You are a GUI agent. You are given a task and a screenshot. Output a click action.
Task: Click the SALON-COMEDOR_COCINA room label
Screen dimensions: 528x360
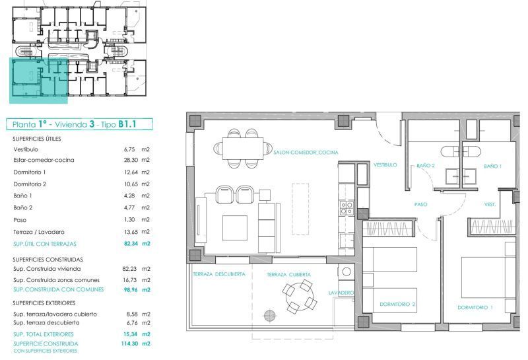pos(306,153)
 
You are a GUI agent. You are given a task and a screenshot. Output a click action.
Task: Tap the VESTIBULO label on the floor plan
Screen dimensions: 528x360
pos(385,165)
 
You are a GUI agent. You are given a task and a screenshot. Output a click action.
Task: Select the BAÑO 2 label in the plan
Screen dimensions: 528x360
pos(426,166)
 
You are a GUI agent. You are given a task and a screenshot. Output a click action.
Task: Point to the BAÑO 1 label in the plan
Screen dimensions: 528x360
pos(492,166)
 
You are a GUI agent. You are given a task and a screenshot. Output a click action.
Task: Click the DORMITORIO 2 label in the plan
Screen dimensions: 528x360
pos(397,304)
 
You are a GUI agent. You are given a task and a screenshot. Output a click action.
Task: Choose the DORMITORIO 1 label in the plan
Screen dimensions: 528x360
pos(475,307)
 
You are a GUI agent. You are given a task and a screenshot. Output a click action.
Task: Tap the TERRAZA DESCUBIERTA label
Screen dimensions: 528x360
pos(219,274)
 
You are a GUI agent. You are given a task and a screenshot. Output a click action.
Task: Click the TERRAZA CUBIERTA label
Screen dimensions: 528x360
pos(289,274)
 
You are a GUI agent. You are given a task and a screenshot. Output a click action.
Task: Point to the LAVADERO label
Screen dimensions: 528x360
pos(341,293)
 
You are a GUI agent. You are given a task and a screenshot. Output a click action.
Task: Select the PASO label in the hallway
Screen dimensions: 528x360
pos(421,204)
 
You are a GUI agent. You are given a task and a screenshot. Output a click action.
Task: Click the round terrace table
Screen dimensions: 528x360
pos(300,297)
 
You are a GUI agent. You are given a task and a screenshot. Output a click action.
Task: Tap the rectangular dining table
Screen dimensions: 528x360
pos(242,149)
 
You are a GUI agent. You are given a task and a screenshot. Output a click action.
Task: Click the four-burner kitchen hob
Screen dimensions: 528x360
pos(346,207)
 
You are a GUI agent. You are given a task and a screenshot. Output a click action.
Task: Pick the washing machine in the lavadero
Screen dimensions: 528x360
pos(347,271)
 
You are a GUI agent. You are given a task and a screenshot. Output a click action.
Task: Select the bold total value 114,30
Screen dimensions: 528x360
pos(129,343)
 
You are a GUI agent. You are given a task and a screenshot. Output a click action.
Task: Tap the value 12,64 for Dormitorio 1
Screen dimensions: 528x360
pos(131,172)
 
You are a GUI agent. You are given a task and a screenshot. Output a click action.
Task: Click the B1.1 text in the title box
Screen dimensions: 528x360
pos(127,124)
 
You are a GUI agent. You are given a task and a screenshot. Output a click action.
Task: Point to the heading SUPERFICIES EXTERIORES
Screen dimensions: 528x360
pos(44,303)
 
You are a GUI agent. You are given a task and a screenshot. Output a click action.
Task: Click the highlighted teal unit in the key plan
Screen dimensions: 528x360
pos(38,80)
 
